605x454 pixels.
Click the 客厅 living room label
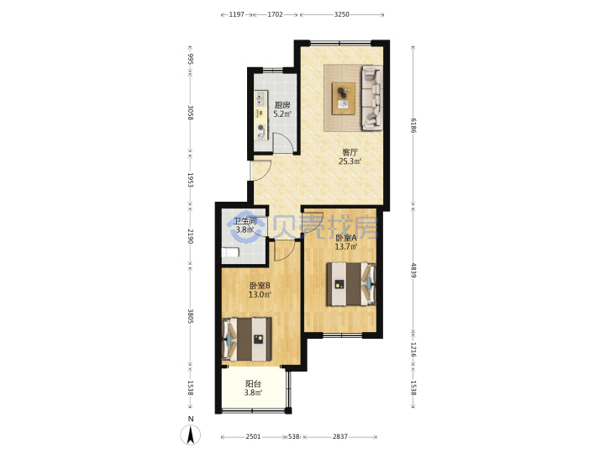350,152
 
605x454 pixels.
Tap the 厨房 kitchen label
282,105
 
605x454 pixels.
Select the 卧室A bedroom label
345,238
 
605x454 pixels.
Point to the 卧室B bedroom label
260,286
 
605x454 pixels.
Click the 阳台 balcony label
253,384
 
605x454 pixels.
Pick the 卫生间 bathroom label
245,221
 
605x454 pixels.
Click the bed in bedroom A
351,284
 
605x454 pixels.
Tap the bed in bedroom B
247,340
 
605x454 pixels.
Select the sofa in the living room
372,98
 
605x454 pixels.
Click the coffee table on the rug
344,98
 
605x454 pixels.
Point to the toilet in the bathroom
230,253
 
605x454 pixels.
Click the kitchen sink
260,98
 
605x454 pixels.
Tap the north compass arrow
191,436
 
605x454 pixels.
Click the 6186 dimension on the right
413,125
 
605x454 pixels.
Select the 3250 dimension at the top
341,14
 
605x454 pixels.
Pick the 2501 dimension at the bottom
253,436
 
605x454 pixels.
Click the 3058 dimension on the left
190,113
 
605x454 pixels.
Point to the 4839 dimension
413,270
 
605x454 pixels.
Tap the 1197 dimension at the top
236,14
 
